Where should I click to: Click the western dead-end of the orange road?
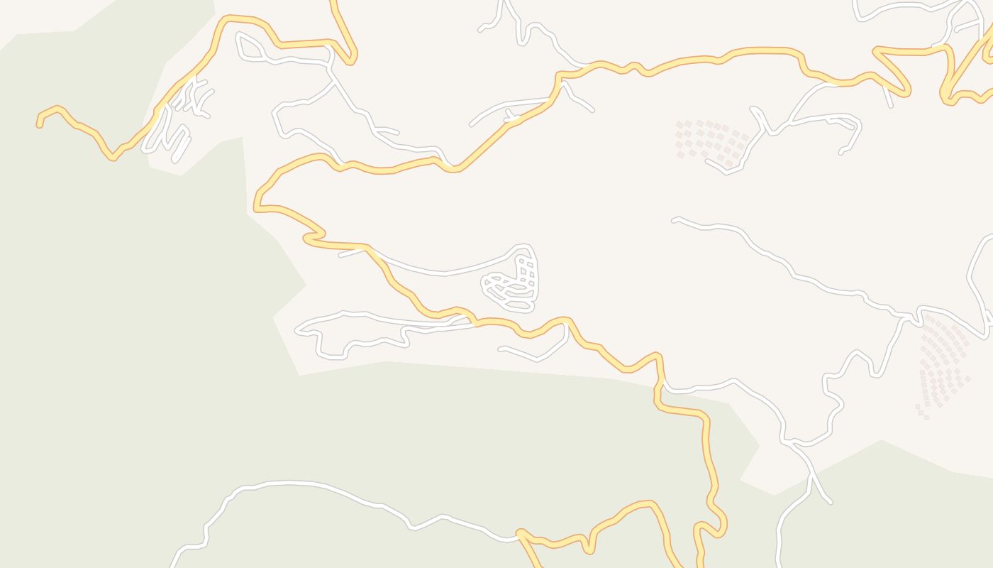click(39, 125)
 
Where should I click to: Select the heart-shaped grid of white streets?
click(511, 280)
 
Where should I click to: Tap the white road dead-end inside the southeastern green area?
click(830, 502)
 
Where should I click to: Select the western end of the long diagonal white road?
click(674, 220)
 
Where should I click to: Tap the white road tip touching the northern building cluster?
click(708, 161)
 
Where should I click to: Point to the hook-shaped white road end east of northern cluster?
click(842, 151)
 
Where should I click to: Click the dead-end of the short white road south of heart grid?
click(501, 349)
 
